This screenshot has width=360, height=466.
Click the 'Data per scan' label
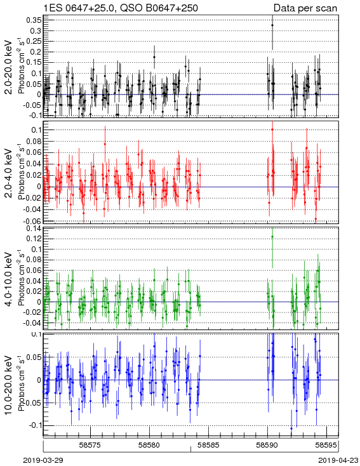coord(305,8)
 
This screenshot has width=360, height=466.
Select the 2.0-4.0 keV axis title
coord(10,173)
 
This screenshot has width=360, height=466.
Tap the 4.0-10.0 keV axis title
coord(10,279)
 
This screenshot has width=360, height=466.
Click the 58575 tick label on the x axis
coord(90,445)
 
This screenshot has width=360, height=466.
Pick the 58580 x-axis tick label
coord(150,445)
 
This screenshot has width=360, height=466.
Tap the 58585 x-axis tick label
coord(208,445)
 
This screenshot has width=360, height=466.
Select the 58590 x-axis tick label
coord(267,445)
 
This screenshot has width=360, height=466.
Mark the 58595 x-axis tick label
coord(326,445)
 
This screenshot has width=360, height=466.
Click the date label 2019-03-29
coord(43,460)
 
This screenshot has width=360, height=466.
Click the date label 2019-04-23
coord(338,460)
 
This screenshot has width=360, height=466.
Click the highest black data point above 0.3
coord(272,25)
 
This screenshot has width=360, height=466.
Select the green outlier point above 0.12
coord(272,237)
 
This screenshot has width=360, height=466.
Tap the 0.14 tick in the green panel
coord(34,229)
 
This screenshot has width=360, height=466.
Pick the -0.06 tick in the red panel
coord(33,221)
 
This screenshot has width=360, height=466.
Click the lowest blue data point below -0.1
coord(291,429)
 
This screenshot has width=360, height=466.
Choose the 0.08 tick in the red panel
coord(34,141)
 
